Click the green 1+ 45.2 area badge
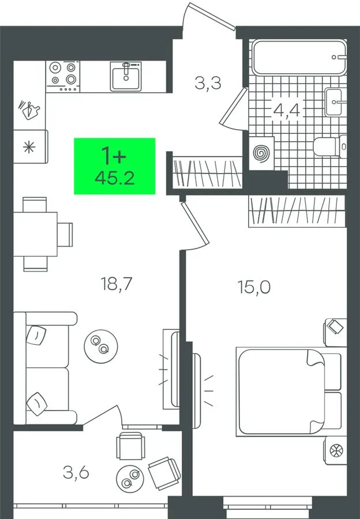tap(114, 166)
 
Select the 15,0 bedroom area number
tap(254, 287)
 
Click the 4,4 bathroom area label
tap(287, 110)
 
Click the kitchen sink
tap(126, 76)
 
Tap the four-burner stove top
tap(62, 76)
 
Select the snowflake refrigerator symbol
tap(29, 146)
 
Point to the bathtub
tap(299, 57)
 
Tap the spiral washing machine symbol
tap(261, 153)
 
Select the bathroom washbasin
tap(336, 101)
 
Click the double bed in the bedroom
tap(288, 392)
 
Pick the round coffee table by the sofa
tap(101, 346)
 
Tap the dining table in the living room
tap(35, 234)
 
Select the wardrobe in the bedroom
tap(297, 211)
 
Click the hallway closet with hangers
tap(208, 172)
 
